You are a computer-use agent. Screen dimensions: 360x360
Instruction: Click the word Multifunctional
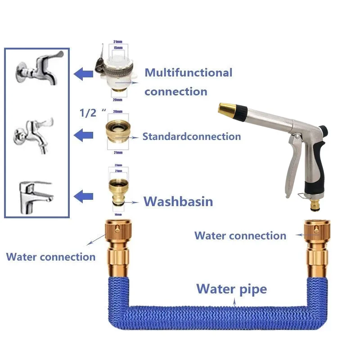click(x=188, y=72)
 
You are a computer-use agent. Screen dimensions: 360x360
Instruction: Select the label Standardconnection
click(x=192, y=136)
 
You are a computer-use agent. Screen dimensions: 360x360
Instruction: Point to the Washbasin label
click(x=178, y=201)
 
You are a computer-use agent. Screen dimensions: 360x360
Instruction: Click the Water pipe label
click(x=231, y=288)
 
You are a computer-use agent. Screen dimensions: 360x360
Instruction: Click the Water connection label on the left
click(x=50, y=257)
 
